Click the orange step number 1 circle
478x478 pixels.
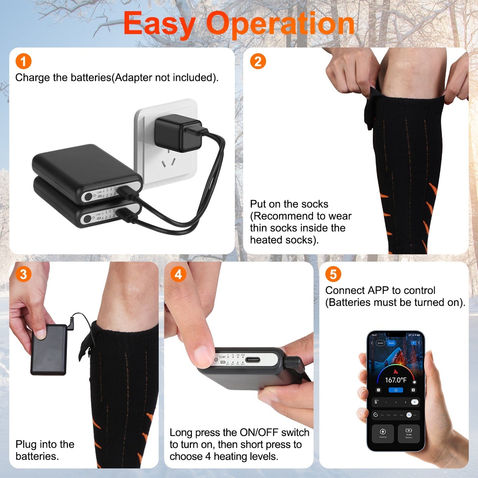click(23, 62)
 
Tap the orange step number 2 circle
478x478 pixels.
click(258, 62)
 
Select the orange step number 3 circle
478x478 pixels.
click(23, 274)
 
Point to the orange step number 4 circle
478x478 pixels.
click(178, 274)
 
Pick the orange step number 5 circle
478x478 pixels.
click(333, 274)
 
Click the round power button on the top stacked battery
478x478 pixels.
click(88, 196)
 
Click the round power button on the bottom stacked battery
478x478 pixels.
click(87, 219)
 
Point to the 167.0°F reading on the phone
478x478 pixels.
click(396, 380)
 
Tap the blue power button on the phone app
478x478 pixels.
click(396, 390)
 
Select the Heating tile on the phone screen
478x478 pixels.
click(383, 433)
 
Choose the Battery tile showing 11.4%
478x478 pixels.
click(409, 433)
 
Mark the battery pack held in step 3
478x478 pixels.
click(49, 350)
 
